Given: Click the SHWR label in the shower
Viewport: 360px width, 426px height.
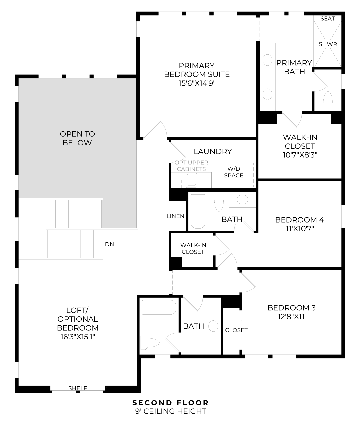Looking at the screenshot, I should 328,44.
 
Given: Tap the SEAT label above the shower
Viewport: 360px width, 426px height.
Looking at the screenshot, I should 327,19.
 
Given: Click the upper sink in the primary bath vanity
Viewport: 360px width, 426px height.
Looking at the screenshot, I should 267,60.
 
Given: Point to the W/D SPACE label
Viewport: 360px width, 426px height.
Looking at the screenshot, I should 233,172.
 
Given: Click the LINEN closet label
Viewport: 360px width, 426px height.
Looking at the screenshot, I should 175,216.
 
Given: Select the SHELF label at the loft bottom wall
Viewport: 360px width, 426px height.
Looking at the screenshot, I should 78,388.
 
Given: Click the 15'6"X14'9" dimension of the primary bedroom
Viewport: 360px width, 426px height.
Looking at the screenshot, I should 197,83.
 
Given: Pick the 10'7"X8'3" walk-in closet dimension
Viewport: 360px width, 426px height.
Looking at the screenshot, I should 300,155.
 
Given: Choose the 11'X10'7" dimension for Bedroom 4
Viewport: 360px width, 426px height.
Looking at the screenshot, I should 300,229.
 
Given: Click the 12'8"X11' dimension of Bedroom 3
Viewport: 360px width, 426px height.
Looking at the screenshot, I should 291,317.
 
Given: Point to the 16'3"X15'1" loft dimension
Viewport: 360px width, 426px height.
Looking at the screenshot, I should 78,336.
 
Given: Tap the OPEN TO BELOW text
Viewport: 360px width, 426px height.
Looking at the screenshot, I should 77,138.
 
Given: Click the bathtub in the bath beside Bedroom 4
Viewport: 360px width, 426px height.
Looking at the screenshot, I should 198,212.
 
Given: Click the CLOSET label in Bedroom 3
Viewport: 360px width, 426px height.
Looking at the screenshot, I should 236,330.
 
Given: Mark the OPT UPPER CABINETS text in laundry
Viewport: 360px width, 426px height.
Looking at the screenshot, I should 191,166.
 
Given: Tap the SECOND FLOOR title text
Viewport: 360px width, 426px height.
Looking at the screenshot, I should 171,403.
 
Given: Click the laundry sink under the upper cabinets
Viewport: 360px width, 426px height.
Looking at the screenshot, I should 191,180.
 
